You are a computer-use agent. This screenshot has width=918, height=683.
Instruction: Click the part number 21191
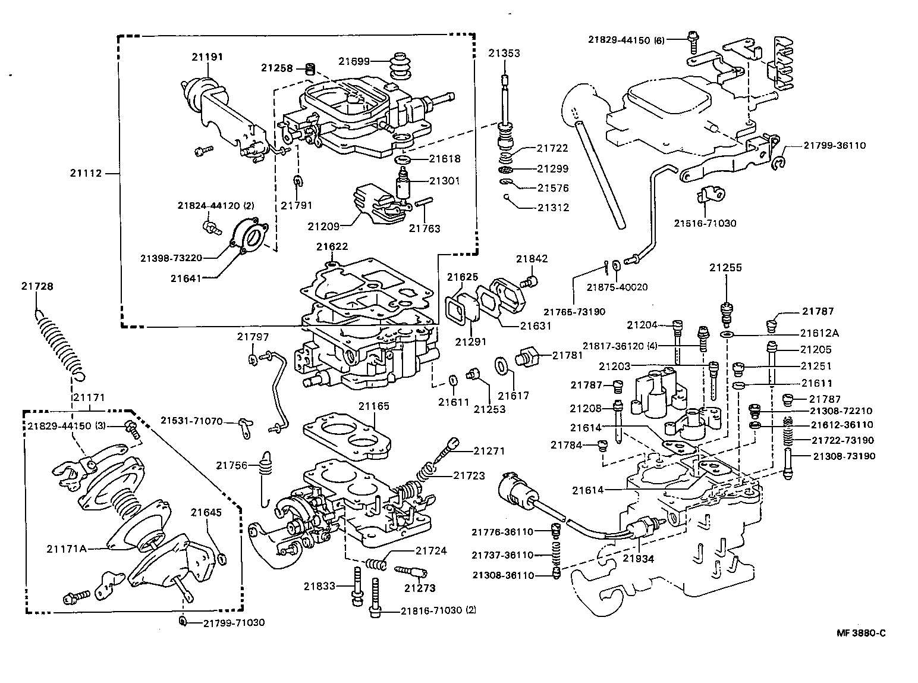[207, 57]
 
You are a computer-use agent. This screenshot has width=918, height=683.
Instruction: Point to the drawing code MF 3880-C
[861, 633]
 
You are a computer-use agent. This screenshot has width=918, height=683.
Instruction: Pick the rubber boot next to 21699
[400, 67]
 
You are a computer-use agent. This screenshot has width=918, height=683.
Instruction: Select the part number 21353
[504, 53]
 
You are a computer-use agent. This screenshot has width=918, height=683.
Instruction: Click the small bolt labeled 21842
[531, 281]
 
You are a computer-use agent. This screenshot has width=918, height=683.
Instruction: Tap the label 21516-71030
[705, 224]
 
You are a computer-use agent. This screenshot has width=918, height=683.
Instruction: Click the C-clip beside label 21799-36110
[779, 162]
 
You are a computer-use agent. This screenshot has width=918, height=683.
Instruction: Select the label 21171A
[67, 548]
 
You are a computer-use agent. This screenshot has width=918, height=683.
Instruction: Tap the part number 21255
[725, 268]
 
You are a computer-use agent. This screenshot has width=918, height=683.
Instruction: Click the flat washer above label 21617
[501, 364]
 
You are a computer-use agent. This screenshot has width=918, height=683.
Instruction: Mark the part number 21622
[332, 246]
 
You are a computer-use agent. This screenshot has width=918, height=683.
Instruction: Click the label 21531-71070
[191, 421]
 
